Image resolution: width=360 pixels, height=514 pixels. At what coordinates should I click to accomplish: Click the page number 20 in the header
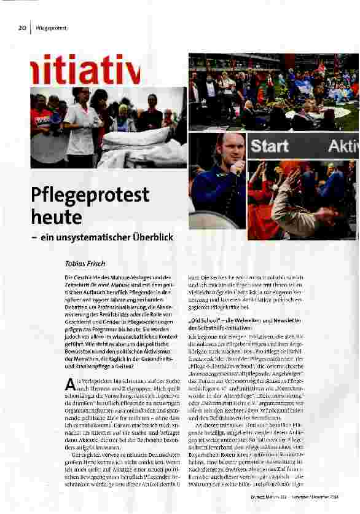tap(22, 28)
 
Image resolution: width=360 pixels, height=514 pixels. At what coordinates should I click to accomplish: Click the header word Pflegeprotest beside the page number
tap(51, 28)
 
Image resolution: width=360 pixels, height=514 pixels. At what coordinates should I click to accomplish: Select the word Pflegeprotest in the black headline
tap(90, 196)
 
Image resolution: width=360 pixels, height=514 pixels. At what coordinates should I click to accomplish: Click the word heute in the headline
tap(57, 217)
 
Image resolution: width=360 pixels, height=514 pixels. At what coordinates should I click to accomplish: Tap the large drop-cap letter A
tap(69, 385)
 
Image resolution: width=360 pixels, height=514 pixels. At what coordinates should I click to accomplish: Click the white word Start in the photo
tap(269, 146)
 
